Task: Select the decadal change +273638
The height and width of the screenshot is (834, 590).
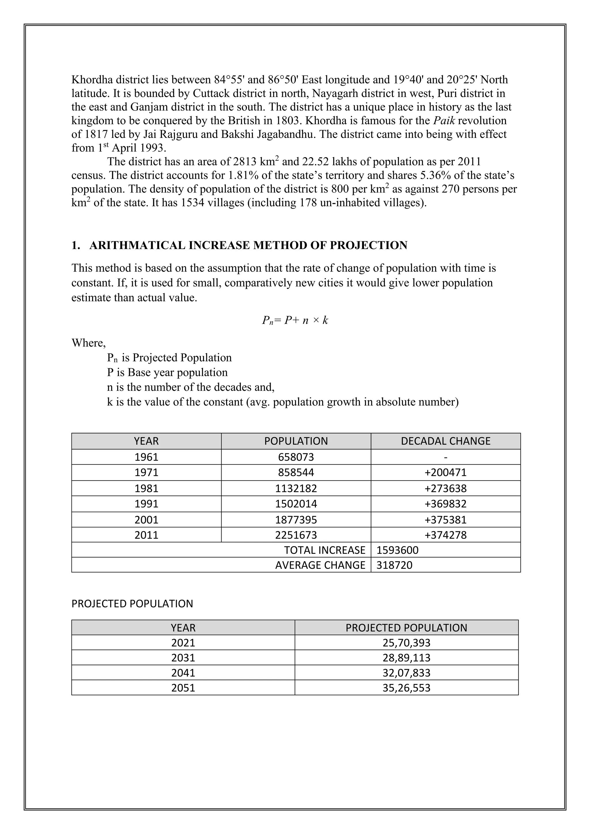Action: point(445,488)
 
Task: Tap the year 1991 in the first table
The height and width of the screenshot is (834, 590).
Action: point(146,504)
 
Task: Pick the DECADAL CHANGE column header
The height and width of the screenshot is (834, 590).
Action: point(445,441)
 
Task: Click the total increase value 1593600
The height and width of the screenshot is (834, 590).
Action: point(398,550)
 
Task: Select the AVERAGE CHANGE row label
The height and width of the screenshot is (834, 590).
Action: point(320,565)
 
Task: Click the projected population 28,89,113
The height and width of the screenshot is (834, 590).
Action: point(406,658)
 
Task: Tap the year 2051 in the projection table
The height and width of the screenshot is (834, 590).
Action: point(183,688)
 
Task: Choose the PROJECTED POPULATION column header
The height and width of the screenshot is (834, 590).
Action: point(406,628)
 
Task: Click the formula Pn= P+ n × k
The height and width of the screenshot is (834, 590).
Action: point(295,320)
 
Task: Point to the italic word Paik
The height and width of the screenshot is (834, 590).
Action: point(444,121)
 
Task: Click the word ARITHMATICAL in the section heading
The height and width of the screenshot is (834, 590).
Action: point(137,246)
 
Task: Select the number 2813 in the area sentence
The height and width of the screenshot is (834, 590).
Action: point(245,162)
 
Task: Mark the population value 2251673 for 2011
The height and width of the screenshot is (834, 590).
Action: point(296,535)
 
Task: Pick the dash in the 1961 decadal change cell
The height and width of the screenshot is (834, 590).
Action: point(445,457)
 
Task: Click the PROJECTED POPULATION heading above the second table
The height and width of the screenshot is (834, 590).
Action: point(132,604)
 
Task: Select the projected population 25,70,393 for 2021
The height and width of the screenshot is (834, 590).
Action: point(406,643)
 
